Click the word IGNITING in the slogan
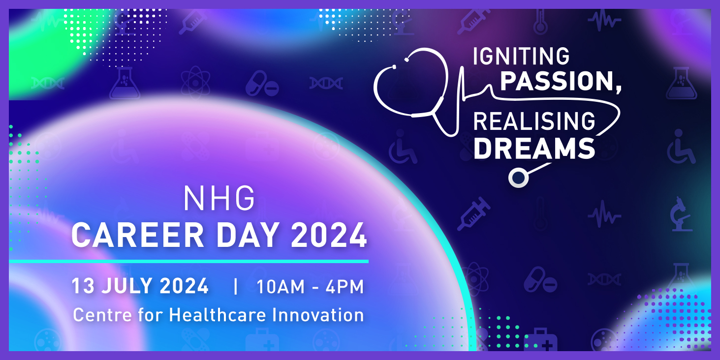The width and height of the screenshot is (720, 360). pos(521,56)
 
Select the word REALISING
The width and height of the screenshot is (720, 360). pos(534,121)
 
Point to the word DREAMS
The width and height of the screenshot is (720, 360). pos(534,148)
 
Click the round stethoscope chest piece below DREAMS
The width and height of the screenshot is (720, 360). pos(518,177)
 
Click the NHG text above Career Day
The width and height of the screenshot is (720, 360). pos(219,199)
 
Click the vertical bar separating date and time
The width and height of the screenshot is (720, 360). pos(236,286)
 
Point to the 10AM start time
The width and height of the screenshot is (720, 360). pos(281,286)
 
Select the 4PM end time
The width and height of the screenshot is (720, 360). pos(344,286)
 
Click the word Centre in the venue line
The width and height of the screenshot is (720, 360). pos(102,315)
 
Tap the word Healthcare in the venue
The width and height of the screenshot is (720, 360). pos(218,314)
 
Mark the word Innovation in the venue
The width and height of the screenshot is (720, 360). pos(318,314)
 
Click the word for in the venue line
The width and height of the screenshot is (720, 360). pos(151,314)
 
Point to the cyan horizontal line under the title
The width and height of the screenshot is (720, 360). pos(188,262)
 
